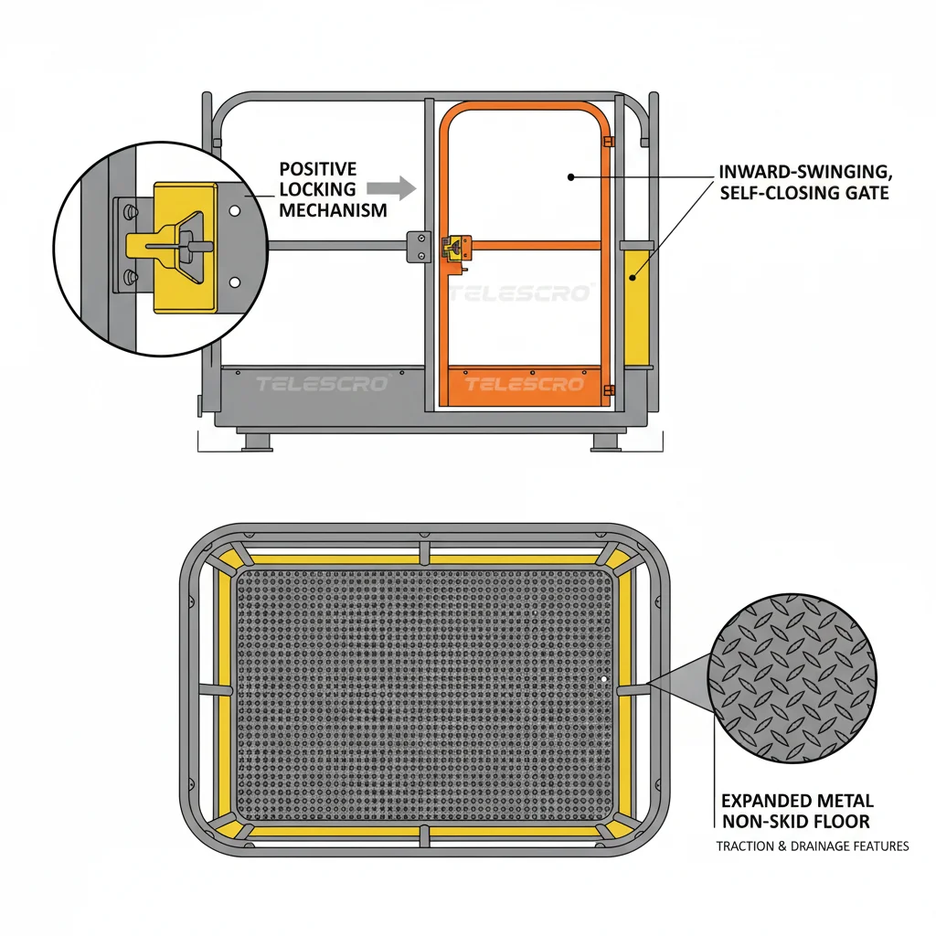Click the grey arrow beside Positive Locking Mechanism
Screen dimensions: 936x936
tap(391, 188)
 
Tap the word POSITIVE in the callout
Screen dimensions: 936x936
tap(318, 169)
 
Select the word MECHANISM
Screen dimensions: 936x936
tap(333, 210)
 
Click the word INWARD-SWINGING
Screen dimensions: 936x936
tap(805, 172)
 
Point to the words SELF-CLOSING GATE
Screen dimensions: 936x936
tap(804, 193)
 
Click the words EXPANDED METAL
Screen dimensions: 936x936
tap(797, 801)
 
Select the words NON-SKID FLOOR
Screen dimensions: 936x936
tap(796, 822)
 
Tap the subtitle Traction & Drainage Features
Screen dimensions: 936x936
tap(813, 846)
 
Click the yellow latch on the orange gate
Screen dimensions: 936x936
tap(456, 249)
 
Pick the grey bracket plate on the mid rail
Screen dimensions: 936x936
tap(419, 247)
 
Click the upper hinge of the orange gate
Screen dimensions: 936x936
tap(608, 142)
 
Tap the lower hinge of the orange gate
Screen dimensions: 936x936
tap(609, 390)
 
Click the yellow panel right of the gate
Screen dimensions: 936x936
tap(637, 308)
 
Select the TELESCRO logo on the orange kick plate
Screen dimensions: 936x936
tap(524, 384)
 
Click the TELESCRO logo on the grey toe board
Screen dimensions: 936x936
tap(323, 383)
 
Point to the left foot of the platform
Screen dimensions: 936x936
tap(257, 441)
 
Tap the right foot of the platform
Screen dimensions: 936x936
tap(607, 441)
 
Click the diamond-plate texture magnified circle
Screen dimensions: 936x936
tap(792, 678)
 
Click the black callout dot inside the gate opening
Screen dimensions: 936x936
tap(570, 177)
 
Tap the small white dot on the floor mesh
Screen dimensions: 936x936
tap(604, 679)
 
